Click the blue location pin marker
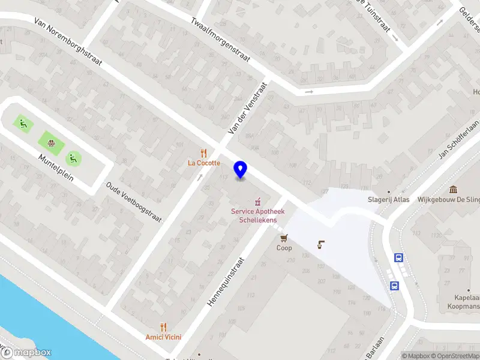[x=241, y=169]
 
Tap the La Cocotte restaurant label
[x=204, y=163]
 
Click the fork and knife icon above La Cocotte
[x=204, y=153]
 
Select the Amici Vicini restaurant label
[x=163, y=337]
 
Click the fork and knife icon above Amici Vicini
[x=163, y=327]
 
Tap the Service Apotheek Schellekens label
[x=259, y=216]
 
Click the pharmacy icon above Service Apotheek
[x=258, y=200]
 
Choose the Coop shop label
[x=284, y=248]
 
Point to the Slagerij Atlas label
[x=389, y=200]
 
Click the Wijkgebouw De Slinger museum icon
[x=453, y=189]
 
